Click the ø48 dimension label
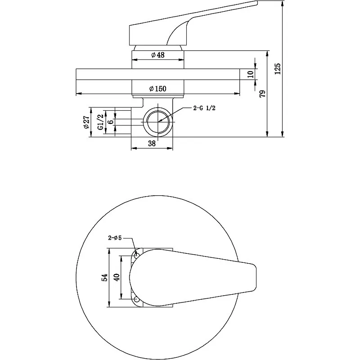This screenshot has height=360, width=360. [x=158, y=55]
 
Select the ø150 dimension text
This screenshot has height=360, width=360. [x=158, y=89]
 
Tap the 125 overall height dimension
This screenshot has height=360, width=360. [x=278, y=68]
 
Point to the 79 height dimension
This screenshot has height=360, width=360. [x=262, y=94]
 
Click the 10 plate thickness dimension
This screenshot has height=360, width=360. [x=251, y=74]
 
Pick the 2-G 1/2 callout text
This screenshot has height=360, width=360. [x=204, y=108]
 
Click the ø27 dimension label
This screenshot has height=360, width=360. [x=86, y=122]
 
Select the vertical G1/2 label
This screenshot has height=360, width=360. [x=100, y=122]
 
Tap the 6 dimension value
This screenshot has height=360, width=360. [x=111, y=121]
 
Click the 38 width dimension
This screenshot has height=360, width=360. [x=152, y=144]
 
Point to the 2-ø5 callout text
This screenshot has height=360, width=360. [x=115, y=238]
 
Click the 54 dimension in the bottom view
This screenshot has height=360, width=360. [x=105, y=277]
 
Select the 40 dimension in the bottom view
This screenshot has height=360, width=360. [x=117, y=277]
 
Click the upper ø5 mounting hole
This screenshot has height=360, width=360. [x=136, y=255]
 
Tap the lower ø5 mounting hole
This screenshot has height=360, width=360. [x=136, y=299]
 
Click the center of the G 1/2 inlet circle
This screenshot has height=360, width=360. [x=158, y=122]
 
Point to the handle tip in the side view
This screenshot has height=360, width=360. [x=257, y=2]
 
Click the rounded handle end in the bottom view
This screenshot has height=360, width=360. [x=254, y=277]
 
